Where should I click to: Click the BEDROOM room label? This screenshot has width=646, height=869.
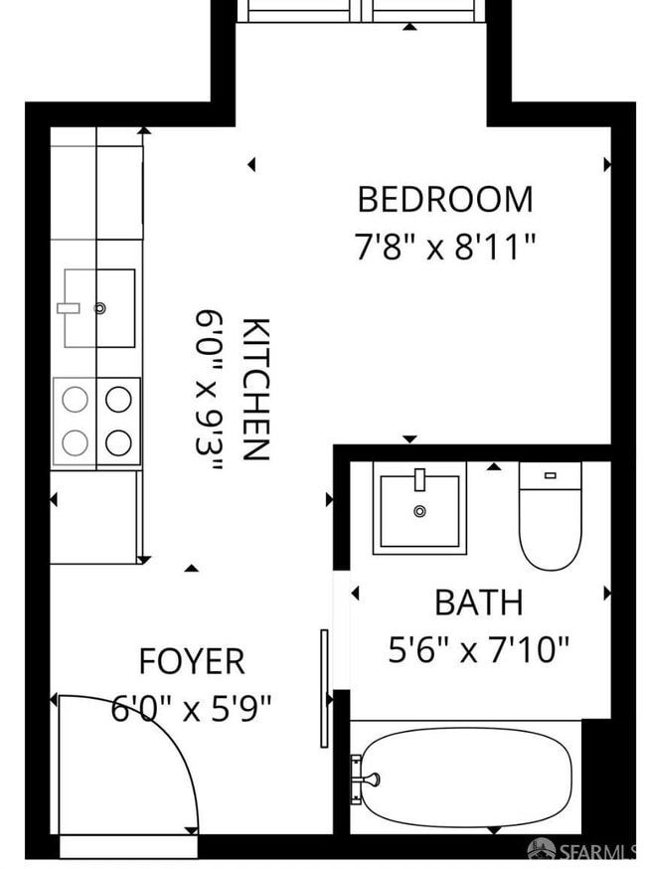444,199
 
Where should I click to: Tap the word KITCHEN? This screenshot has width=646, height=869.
256,389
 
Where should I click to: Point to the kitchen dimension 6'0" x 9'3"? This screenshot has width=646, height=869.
209,389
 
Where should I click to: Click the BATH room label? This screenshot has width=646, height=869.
478,603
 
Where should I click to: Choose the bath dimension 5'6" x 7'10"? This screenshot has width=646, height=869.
478,650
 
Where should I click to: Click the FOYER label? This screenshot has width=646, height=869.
191,661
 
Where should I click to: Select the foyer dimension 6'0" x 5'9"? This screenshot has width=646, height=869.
191,709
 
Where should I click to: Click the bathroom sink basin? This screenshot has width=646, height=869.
419,509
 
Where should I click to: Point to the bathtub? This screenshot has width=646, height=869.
465,776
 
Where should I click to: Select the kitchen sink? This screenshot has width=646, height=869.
99,307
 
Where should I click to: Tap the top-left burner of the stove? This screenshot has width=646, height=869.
76,400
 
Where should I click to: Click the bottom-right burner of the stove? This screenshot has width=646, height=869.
119,441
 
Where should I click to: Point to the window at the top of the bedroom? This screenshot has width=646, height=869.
360,11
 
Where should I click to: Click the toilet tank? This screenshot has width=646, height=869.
550,475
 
